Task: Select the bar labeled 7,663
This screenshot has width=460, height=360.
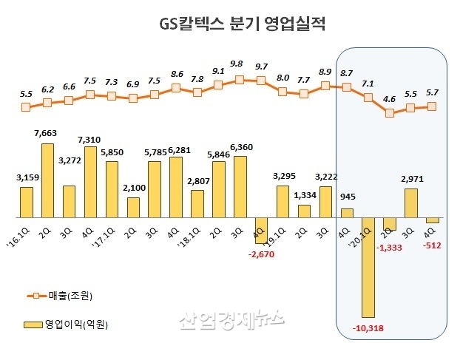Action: click(x=47, y=180)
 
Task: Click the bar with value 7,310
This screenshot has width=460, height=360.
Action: click(x=90, y=182)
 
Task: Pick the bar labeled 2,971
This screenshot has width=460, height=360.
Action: click(x=411, y=203)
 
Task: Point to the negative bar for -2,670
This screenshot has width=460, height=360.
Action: click(x=261, y=230)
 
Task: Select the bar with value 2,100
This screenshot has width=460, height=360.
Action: click(x=133, y=208)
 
